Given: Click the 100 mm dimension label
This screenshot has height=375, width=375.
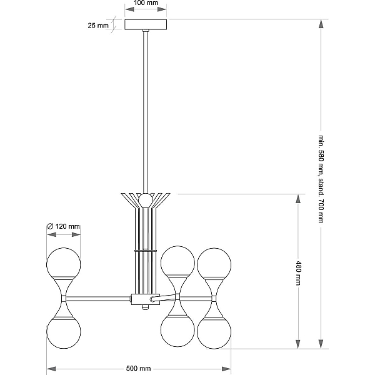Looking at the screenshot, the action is [146, 3].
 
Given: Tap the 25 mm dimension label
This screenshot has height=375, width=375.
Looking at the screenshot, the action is [98, 26].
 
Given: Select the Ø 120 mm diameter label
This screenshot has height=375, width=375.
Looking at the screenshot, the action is [63, 226].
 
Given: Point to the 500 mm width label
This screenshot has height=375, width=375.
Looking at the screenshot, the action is [139, 369].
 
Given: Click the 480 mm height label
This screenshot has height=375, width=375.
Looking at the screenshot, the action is [298, 273].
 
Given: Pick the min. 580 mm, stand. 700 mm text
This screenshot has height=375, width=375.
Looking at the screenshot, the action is [321, 179].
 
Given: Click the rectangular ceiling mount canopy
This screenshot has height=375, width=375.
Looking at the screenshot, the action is [146, 24].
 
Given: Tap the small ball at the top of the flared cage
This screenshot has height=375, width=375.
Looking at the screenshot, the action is [146, 200].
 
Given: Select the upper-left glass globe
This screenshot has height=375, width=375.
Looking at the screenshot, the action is [63, 264].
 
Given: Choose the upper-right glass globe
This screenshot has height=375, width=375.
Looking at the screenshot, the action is [214, 264].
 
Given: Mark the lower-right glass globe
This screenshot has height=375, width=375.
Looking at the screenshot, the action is [214, 332].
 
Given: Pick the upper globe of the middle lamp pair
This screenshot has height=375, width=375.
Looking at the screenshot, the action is [177, 262].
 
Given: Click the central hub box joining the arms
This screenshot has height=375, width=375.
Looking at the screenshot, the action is [146, 299].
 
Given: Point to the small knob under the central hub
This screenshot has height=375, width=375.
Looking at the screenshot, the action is [145, 307].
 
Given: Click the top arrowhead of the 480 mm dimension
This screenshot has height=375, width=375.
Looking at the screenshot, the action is [298, 199].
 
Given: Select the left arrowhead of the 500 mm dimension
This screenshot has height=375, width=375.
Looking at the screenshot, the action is [51, 369].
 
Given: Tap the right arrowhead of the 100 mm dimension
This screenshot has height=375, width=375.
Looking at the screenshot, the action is [162, 9].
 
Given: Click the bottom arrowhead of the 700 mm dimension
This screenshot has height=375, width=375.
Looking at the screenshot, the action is [321, 344].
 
